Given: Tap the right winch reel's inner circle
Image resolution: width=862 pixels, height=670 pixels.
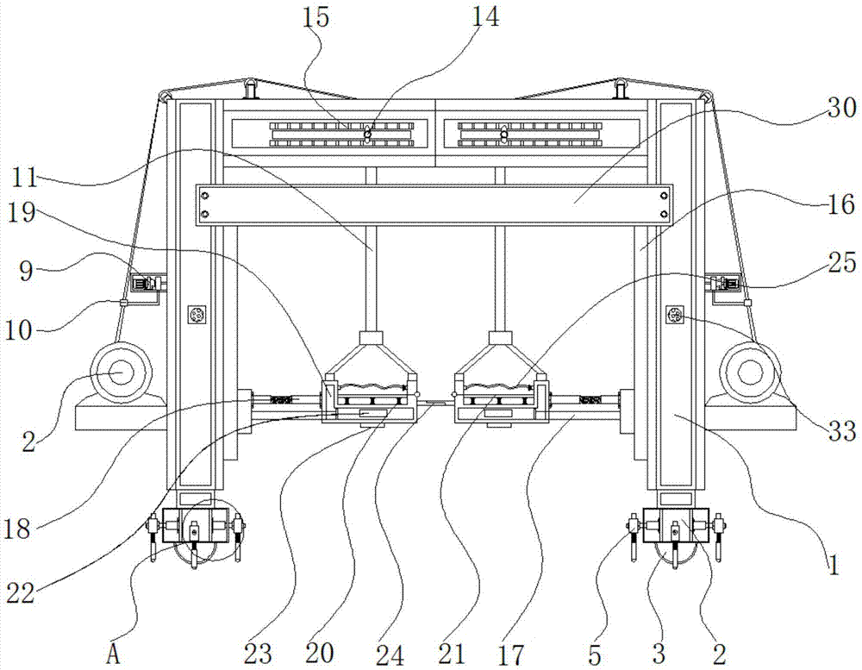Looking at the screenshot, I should tap(746, 373).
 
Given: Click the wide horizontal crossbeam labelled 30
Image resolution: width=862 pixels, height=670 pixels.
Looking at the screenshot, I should tap(435, 205).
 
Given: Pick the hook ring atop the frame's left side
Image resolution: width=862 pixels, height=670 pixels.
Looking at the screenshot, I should tap(251, 88).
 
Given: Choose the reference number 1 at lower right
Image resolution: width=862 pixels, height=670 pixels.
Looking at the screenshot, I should tap(832, 567).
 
